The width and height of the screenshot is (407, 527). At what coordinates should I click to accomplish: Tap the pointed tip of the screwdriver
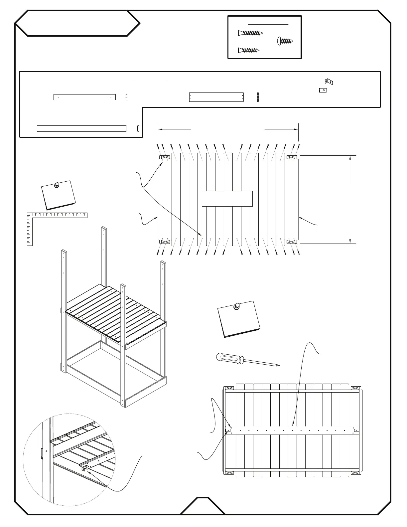pos(279,366)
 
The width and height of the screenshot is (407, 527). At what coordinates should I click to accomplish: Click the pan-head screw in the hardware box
pos(285,41)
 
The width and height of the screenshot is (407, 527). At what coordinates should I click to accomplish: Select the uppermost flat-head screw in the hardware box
pos(250,33)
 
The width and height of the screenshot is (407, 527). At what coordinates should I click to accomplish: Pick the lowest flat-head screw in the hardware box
pos(248,50)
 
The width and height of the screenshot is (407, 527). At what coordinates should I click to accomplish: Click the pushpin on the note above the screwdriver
pos(237,306)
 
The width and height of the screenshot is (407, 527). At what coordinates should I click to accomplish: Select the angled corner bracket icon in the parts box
pos(329,81)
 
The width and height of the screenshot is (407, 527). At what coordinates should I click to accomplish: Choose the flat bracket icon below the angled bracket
pos(323,90)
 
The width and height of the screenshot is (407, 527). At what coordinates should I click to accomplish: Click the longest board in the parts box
pos(81,128)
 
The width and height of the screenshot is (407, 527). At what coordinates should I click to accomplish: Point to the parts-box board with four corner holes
pos(216,97)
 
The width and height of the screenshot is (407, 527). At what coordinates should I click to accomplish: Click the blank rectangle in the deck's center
pos(227,199)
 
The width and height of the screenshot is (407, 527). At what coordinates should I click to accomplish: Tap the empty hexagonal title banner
pos(77,23)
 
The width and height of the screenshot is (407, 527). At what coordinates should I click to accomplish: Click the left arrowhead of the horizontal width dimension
pos(159,129)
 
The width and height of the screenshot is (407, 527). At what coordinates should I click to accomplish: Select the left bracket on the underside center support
pos(228,431)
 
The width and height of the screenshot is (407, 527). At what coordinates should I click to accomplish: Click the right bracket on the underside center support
pos(356,430)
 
